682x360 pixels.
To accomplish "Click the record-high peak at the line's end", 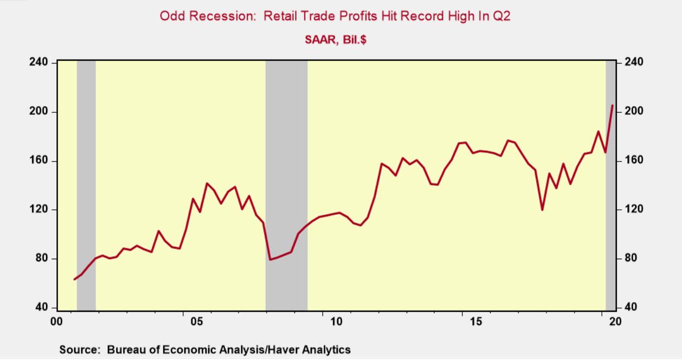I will (x=613, y=105).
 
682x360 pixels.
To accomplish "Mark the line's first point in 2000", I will (x=74, y=279).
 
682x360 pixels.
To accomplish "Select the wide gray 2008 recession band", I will (x=286, y=184).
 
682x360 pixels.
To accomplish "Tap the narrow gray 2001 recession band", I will (x=86, y=184).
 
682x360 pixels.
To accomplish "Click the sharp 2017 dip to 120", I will (x=542, y=210).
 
